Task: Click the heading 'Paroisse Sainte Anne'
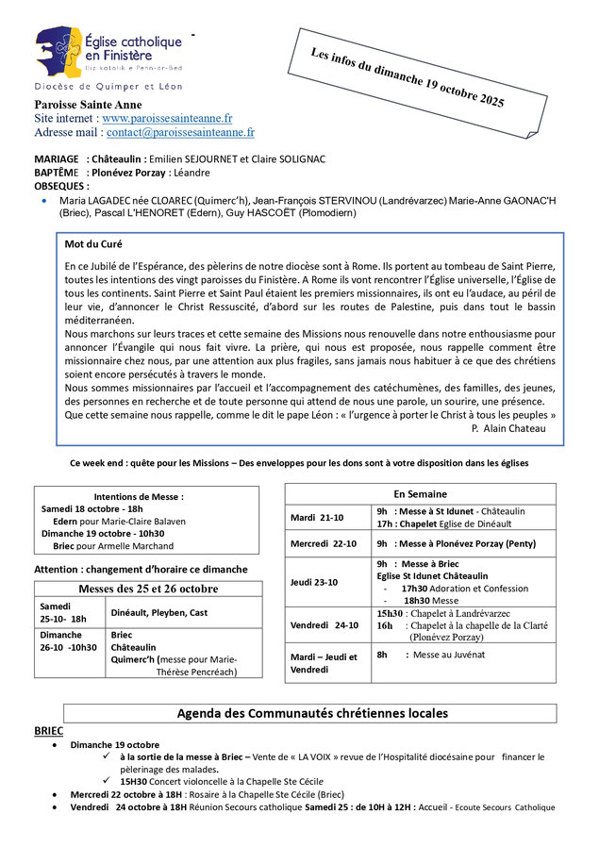click(88, 104)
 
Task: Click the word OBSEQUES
click(59, 186)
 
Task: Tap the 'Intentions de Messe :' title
click(139, 496)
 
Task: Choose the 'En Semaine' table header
click(420, 494)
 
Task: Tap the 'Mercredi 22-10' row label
click(324, 544)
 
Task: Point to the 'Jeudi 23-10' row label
click(316, 582)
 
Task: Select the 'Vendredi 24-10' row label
click(324, 624)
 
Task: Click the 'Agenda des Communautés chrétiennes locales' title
click(312, 713)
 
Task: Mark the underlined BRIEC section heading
click(49, 731)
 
